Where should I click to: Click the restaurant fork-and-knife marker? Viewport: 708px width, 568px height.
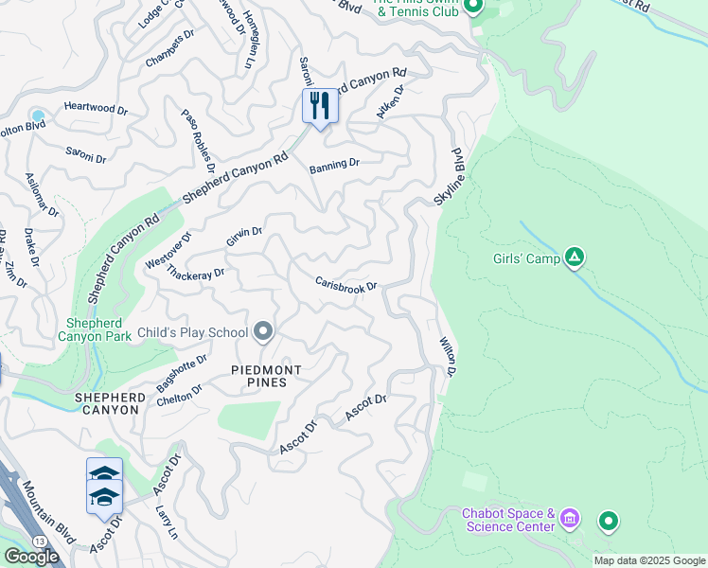pyautogui.click(x=320, y=106)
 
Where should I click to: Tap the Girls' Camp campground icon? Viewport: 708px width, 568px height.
pyautogui.click(x=574, y=257)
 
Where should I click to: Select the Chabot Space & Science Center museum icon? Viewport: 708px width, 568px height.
pyautogui.click(x=569, y=519)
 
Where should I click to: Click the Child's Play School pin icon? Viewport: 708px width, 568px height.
pyautogui.click(x=263, y=331)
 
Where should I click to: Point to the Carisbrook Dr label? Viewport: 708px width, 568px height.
pyautogui.click(x=346, y=285)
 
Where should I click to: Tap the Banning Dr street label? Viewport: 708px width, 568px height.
pyautogui.click(x=334, y=164)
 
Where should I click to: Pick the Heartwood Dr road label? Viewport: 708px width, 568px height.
pyautogui.click(x=96, y=109)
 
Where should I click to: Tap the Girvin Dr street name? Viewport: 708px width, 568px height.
pyautogui.click(x=244, y=237)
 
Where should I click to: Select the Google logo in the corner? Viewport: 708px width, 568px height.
pyautogui.click(x=31, y=557)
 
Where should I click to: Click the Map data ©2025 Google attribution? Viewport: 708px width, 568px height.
pyautogui.click(x=649, y=560)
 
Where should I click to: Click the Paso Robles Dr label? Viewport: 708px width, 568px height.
pyautogui.click(x=199, y=133)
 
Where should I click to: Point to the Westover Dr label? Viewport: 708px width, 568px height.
pyautogui.click(x=168, y=251)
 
